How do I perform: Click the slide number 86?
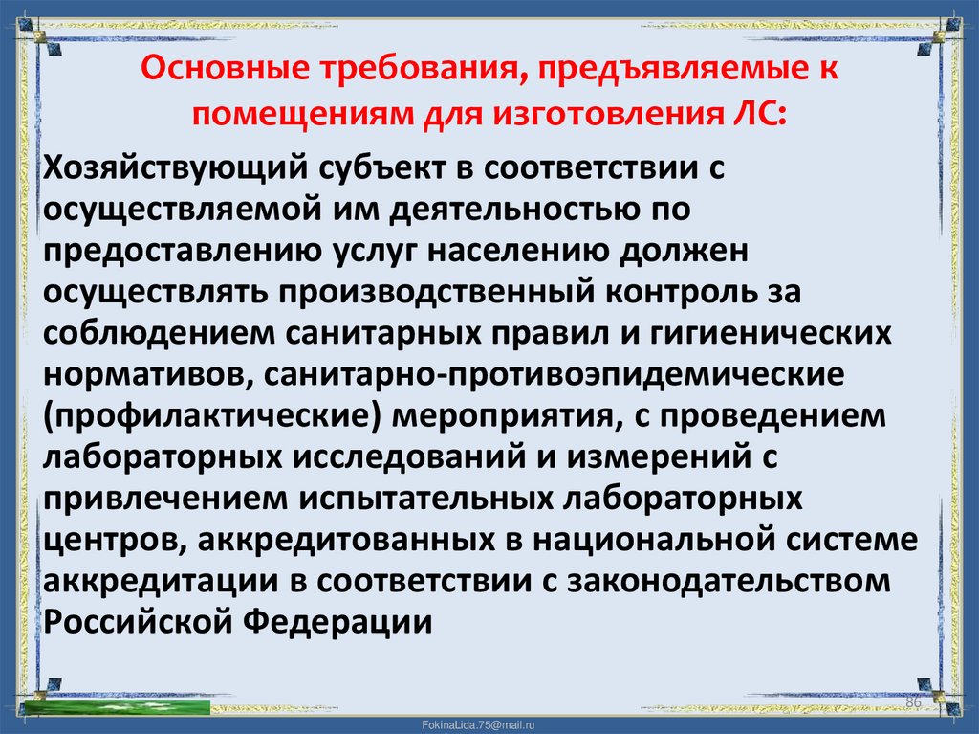pos(912,703)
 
